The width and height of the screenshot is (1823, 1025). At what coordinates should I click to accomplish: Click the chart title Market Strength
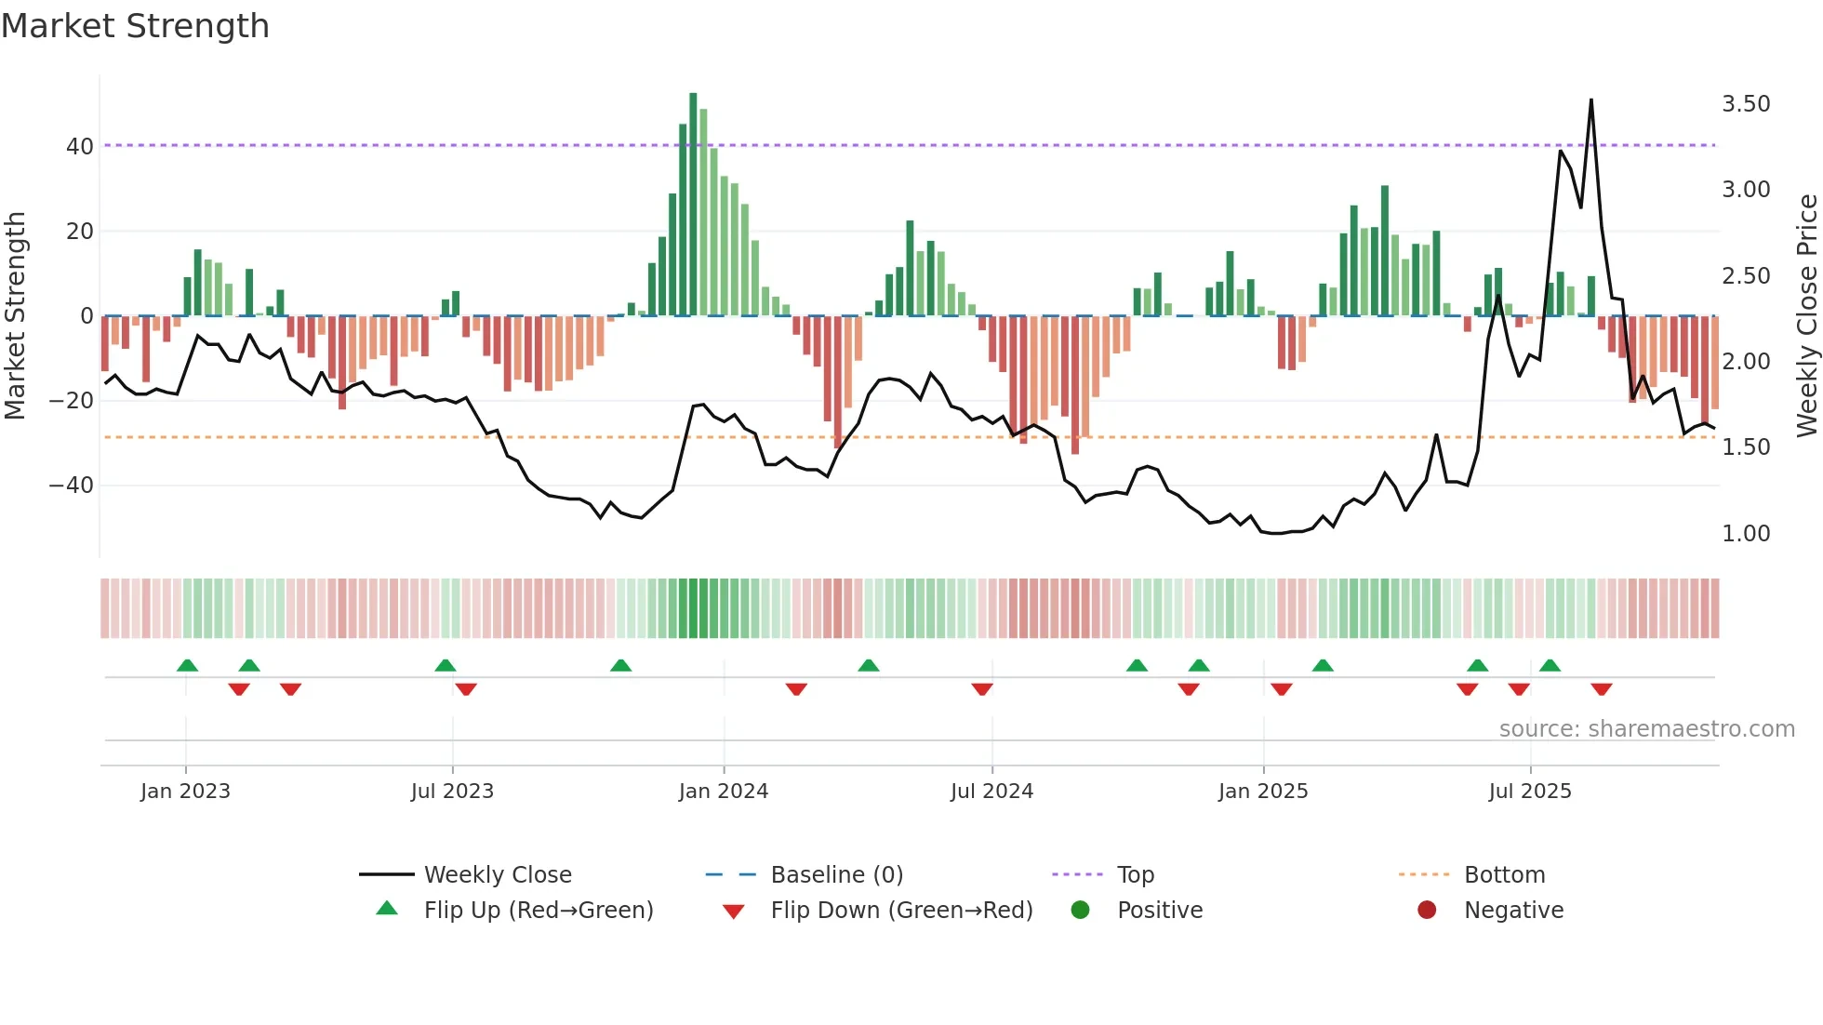click(135, 26)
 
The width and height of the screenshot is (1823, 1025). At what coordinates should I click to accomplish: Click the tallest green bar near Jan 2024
click(693, 205)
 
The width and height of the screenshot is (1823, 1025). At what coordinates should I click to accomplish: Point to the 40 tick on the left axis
click(80, 146)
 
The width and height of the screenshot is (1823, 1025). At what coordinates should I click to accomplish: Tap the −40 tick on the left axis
click(72, 486)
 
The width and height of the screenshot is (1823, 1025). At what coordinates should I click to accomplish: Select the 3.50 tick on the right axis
click(1746, 104)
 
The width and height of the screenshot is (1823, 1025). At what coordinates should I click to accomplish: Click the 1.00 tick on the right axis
click(1746, 534)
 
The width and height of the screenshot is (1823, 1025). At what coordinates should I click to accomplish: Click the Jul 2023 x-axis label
click(452, 792)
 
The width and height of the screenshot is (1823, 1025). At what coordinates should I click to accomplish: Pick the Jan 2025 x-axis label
click(1263, 792)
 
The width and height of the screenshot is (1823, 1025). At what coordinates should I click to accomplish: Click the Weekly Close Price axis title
click(1806, 315)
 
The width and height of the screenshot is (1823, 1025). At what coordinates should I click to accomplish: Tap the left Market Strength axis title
click(15, 315)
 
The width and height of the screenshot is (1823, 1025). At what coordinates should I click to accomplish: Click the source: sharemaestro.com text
click(1646, 729)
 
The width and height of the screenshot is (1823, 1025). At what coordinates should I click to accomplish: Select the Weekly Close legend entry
click(498, 875)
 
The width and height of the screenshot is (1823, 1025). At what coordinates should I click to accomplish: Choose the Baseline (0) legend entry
click(836, 875)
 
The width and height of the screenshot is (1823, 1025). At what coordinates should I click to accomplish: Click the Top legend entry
click(1135, 875)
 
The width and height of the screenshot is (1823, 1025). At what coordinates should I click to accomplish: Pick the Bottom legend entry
click(1504, 875)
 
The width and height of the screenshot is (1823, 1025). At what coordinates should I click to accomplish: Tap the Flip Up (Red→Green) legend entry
click(539, 911)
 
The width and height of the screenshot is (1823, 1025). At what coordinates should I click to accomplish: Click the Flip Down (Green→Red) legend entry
click(901, 911)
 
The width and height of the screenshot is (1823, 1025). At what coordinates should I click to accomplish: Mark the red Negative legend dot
click(1427, 911)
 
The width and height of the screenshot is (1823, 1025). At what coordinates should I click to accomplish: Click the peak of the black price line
click(1591, 100)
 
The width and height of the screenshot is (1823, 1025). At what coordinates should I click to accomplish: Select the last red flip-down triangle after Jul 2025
click(1602, 689)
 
